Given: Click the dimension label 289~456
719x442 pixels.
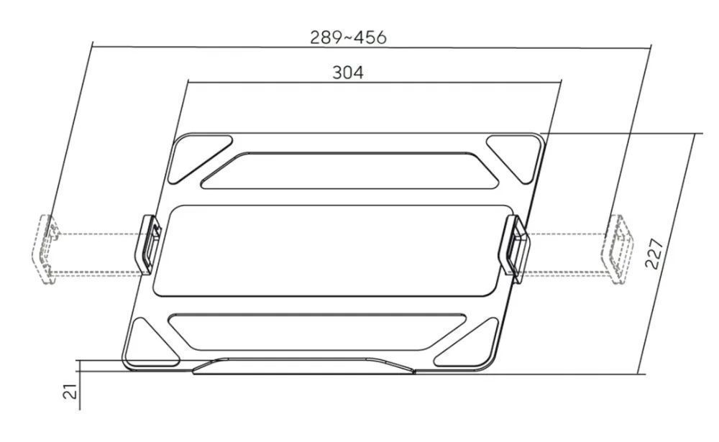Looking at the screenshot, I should (x=348, y=37).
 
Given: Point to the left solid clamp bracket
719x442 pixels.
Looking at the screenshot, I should (x=149, y=244).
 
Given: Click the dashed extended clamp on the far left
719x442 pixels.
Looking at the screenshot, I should (x=47, y=249).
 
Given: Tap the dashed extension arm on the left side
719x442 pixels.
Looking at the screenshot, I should (x=97, y=252).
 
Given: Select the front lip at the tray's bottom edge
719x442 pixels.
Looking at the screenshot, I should (x=306, y=367).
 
